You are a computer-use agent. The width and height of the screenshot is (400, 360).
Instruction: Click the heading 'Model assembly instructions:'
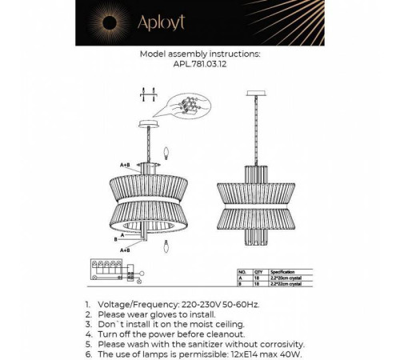click(x=199, y=56)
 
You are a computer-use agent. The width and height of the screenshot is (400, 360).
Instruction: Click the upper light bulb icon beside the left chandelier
click(x=166, y=150)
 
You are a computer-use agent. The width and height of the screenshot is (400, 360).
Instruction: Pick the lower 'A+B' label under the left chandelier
click(x=126, y=250)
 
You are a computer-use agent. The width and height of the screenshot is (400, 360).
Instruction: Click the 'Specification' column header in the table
click(x=286, y=271)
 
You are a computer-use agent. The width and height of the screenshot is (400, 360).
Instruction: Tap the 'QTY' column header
click(x=257, y=271)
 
